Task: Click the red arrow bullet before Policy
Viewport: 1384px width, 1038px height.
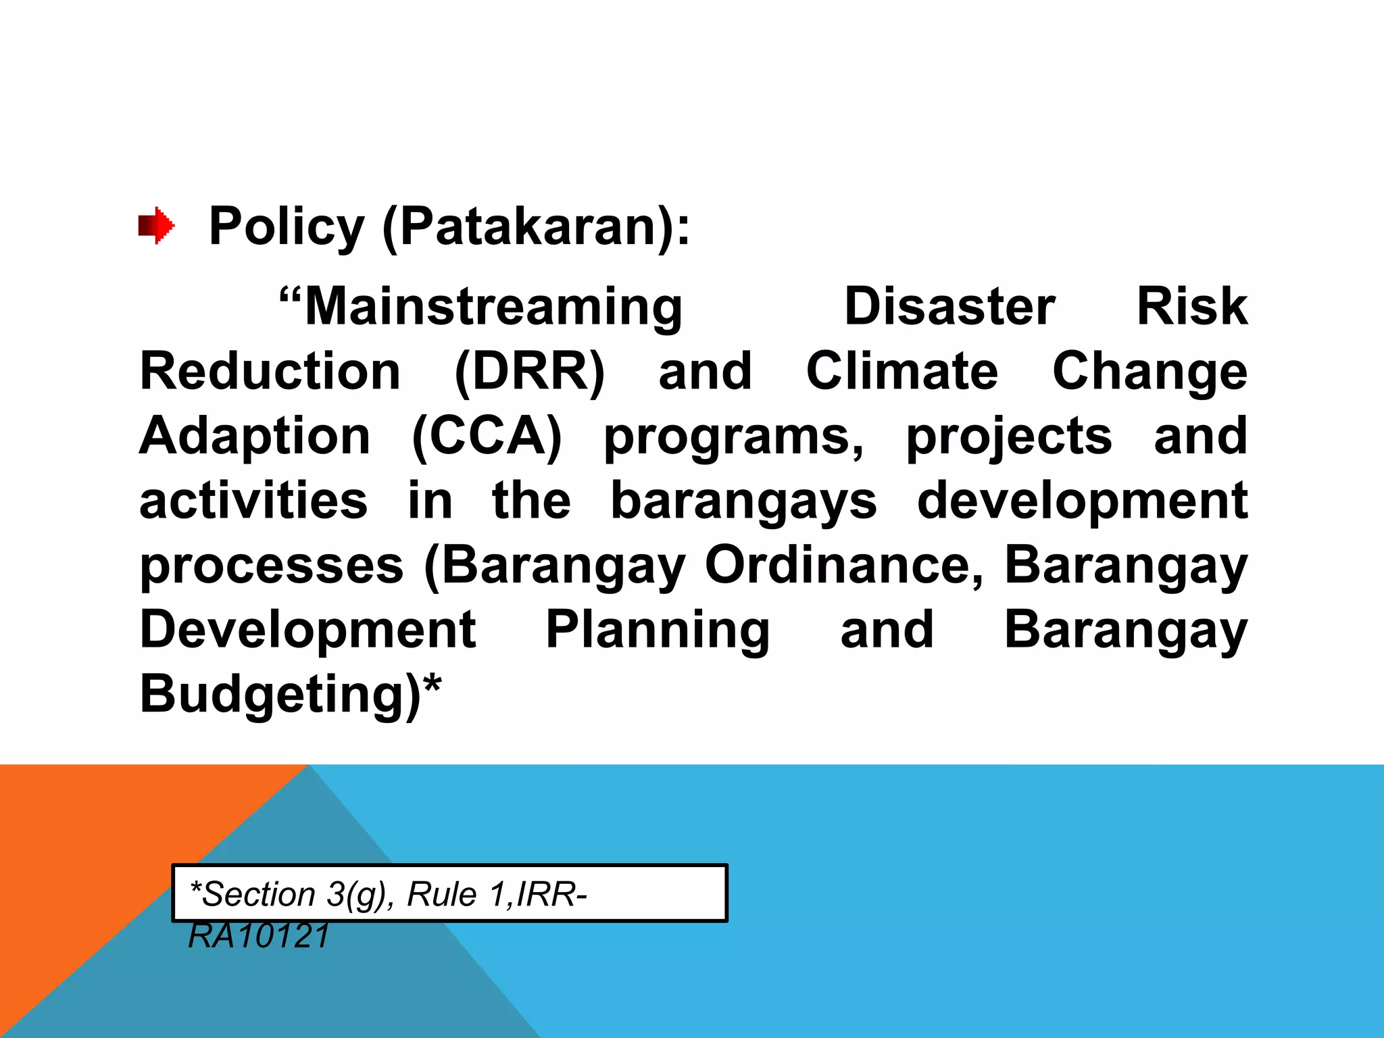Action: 156,226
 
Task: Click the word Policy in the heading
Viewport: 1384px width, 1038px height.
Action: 287,226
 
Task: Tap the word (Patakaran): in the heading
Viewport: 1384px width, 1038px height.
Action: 536,227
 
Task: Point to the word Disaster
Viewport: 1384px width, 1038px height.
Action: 949,307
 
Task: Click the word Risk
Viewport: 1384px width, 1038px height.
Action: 1191,307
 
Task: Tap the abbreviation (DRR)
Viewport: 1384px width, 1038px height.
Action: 529,372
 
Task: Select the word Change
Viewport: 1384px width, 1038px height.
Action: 1150,372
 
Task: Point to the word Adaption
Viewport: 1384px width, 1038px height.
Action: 255,437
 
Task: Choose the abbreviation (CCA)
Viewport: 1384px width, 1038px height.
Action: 487,437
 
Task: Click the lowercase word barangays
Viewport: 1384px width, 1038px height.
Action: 743,502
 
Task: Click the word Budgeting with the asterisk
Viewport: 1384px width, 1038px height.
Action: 290,695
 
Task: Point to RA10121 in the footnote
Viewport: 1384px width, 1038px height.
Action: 259,936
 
